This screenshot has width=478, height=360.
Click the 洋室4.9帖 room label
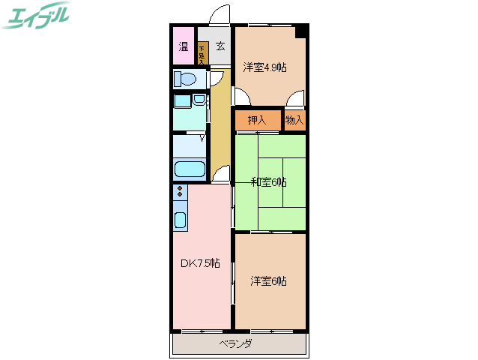pos(264,67)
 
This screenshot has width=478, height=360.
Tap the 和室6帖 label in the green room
pos(268,181)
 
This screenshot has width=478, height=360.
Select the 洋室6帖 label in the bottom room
pos(268,281)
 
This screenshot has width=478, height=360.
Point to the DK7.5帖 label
pos(200,263)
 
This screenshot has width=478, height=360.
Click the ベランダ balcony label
pos(235,344)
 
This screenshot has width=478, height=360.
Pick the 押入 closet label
pos(257,120)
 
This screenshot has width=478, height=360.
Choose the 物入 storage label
pos(294,120)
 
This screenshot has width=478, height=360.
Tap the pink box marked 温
pos(184,46)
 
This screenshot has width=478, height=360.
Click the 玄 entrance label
pos(220,46)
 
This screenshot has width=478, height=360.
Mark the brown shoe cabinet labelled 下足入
pos(202,53)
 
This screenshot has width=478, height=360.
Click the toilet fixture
pos(186,79)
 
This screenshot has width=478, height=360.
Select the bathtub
pos(190,169)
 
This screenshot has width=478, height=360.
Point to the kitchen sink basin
pos(181,220)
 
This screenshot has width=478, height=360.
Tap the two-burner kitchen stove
pos(180,193)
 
